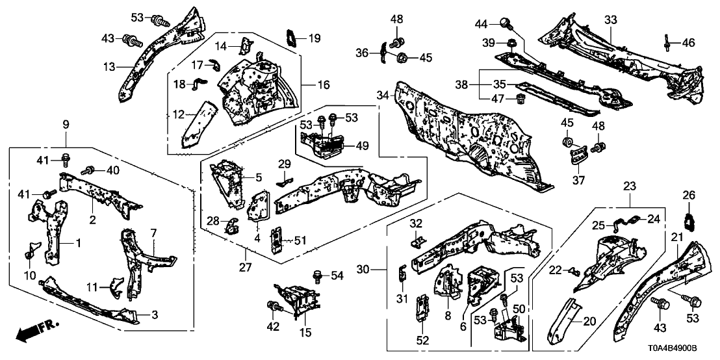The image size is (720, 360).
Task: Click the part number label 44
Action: click(x=482, y=24)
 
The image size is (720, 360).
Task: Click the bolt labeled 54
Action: click(x=318, y=276)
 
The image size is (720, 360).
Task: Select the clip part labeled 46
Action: click(x=668, y=42)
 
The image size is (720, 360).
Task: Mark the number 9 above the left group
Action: click(x=66, y=123)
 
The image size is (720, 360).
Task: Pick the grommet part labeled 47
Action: click(x=520, y=99)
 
